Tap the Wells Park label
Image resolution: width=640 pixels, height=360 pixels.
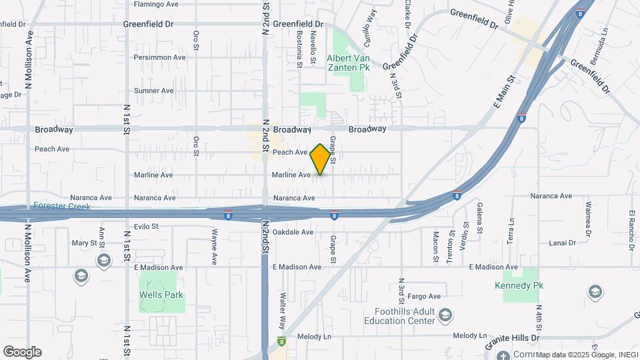click(x=161, y=295)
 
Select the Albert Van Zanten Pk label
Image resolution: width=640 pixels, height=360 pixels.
click(x=347, y=63)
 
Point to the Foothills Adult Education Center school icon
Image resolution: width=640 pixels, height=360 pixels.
click(x=446, y=314)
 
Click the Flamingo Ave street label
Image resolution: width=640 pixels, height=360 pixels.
click(x=156, y=4)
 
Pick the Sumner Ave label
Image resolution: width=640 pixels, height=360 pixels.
click(x=153, y=91)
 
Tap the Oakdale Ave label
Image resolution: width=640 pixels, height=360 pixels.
click(x=293, y=232)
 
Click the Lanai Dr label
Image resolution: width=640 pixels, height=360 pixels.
click(x=559, y=243)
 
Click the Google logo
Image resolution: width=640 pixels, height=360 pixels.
click(x=22, y=352)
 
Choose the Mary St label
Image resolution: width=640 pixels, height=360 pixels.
click(x=85, y=243)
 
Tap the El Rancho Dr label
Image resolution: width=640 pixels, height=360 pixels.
click(x=631, y=225)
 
